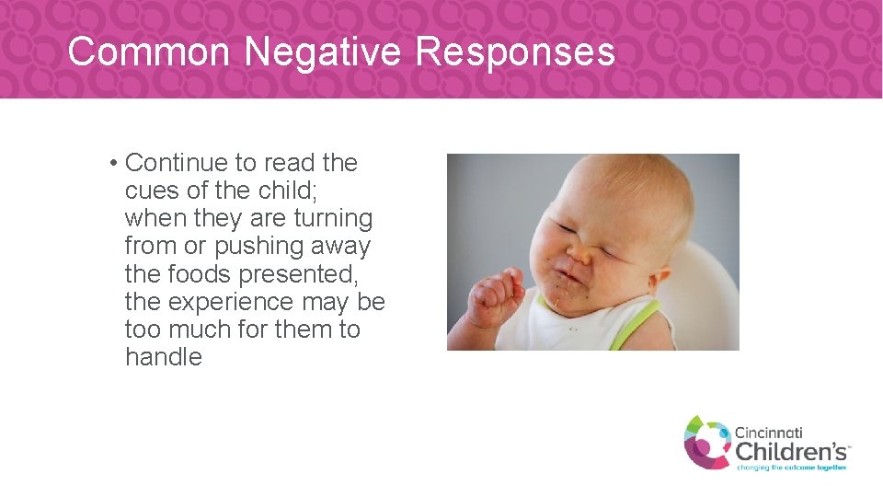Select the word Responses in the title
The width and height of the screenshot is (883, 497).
tap(515, 52)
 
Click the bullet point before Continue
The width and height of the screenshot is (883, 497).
tap(111, 164)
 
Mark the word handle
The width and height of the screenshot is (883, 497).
tap(163, 357)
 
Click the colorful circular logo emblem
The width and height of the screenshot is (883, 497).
tap(706, 442)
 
